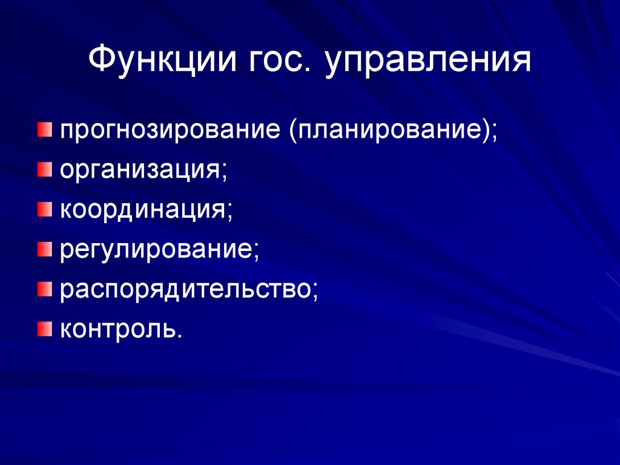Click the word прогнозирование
click(172, 132)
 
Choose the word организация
click(139, 171)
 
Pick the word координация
click(143, 210)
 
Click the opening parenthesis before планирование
click(294, 132)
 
